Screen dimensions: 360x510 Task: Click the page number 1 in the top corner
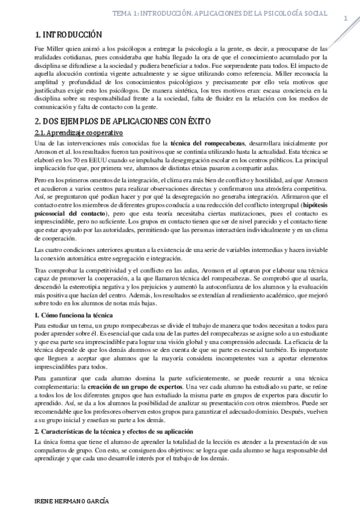tap(346, 19)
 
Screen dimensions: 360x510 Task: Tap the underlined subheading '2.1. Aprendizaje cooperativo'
tap(79, 132)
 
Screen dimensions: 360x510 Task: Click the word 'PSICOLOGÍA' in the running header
tap(278, 13)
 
